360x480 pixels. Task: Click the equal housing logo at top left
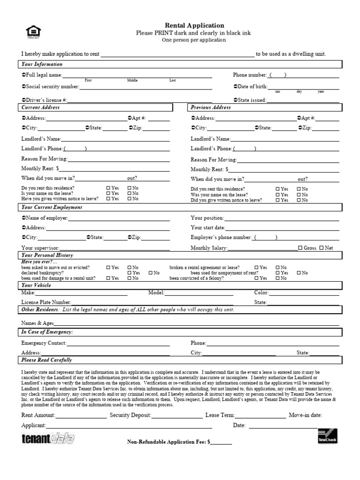33,32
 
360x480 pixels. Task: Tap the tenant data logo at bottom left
47,439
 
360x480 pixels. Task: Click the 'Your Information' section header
42,64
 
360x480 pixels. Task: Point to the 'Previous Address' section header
211,107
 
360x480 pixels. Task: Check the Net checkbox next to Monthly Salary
322,248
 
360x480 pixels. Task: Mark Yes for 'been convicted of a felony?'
257,278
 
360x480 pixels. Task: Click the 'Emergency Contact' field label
44,343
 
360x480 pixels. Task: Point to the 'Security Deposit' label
130,415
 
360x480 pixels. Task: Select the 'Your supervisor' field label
40,248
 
